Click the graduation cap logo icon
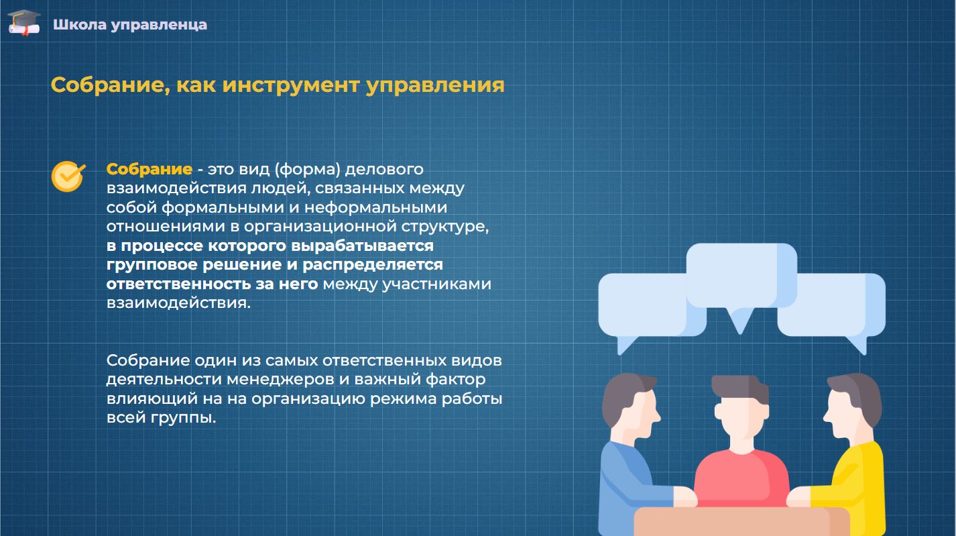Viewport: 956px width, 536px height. pyautogui.click(x=24, y=22)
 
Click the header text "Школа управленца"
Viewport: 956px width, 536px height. pyautogui.click(x=130, y=25)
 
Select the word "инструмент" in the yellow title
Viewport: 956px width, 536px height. pyautogui.click(x=291, y=85)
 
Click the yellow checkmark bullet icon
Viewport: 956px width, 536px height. pyautogui.click(x=68, y=176)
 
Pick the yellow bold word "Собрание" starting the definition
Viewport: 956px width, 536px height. pyautogui.click(x=150, y=170)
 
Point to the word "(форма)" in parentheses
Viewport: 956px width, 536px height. pyautogui.click(x=307, y=170)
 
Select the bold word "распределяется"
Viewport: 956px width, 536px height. pyautogui.click(x=373, y=265)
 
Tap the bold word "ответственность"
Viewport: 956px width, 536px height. pyautogui.click(x=178, y=284)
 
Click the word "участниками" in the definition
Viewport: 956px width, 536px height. pyautogui.click(x=436, y=284)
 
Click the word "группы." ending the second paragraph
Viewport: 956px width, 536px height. pyautogui.click(x=183, y=418)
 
